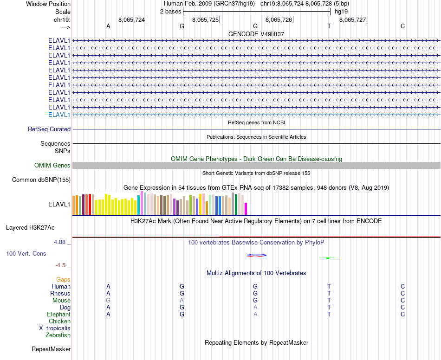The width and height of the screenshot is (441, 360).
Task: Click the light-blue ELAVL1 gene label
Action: (x=59, y=115)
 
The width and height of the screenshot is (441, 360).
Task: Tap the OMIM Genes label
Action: (x=52, y=165)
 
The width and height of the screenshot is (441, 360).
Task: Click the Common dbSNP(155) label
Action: (x=41, y=180)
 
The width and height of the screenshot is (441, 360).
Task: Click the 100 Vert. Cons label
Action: (x=26, y=254)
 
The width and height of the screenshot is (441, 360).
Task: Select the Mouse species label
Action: (x=61, y=301)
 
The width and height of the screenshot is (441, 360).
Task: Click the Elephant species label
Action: (x=58, y=315)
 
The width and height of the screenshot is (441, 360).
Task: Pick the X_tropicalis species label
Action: (x=55, y=328)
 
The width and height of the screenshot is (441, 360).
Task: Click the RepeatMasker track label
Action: (x=51, y=349)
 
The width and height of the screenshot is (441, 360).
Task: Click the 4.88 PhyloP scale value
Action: (x=60, y=242)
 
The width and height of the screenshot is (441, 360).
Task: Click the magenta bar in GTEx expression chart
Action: (x=246, y=209)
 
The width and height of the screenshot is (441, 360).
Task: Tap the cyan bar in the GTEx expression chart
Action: (x=138, y=205)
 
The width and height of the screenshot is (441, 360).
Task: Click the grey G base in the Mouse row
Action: (x=108, y=301)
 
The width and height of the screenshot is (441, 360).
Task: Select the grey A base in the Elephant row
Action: (x=255, y=315)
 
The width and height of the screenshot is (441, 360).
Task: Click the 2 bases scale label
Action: (x=170, y=11)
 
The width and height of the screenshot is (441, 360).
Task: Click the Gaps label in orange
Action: (x=63, y=280)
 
